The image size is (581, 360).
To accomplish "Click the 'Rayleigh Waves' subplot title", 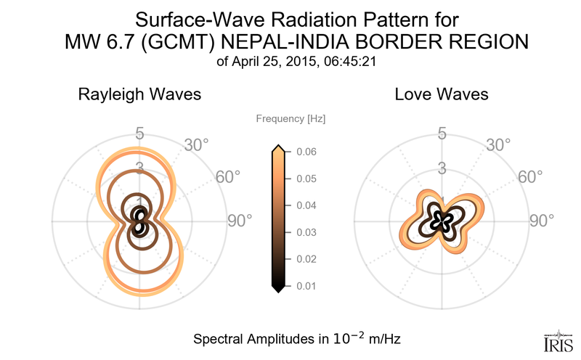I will coord(139,94).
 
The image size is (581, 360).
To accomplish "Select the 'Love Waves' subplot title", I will coord(442,94).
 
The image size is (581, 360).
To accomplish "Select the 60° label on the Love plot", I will coord(530,177).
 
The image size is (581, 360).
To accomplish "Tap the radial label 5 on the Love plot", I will coord(441,134).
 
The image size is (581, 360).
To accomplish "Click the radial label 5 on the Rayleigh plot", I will coord(139,134).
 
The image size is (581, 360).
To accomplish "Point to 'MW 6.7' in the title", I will coord(96,43).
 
